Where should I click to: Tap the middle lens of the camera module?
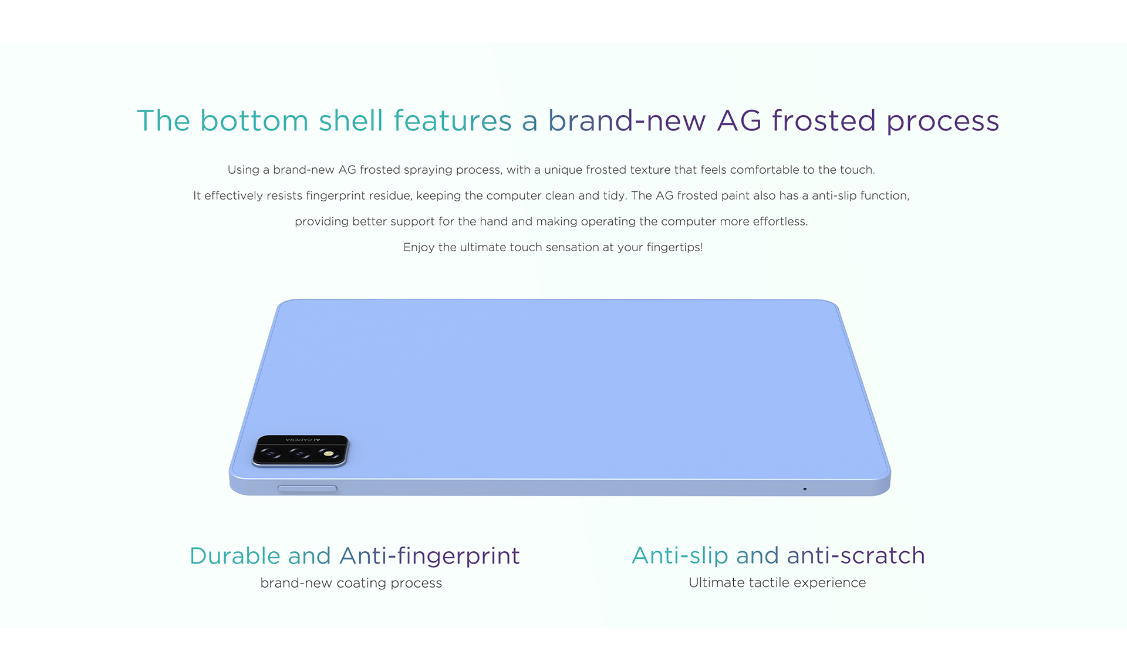coord(299,454)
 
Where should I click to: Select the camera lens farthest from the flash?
coord(271,454)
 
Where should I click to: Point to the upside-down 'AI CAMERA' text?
coord(303,439)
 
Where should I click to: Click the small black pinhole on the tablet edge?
coord(805,489)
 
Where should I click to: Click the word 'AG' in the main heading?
coord(739,121)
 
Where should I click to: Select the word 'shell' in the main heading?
coord(351,120)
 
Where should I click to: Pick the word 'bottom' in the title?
coord(254,121)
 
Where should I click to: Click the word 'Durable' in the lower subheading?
coord(235,556)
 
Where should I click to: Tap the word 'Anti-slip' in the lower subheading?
coord(680,556)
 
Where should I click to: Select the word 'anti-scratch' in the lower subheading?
coord(856,556)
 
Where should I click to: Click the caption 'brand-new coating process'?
coord(351,583)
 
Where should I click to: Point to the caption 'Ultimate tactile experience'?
coord(777,582)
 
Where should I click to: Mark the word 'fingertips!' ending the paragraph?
coord(674,247)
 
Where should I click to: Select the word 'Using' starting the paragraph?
coord(243,170)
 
